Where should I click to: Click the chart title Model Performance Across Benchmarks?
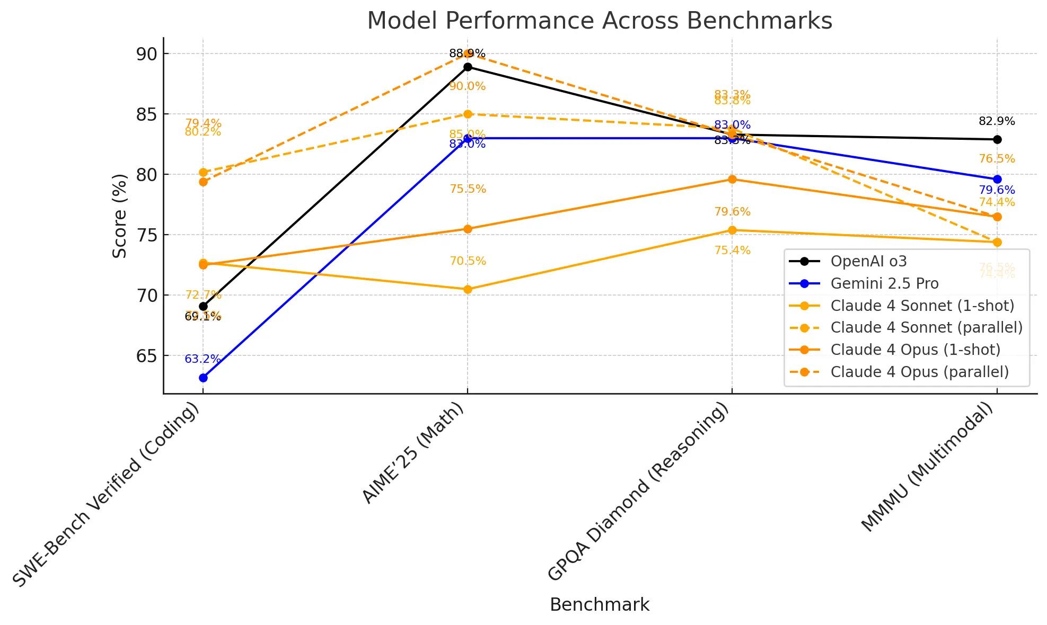[599, 21]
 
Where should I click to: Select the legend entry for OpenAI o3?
[868, 261]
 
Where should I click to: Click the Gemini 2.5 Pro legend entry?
[884, 283]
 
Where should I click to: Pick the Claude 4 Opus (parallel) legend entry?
[919, 372]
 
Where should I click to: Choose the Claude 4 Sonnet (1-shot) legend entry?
[921, 306]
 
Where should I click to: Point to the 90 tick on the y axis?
[146, 54]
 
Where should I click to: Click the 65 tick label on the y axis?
[146, 356]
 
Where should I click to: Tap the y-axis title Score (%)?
[120, 216]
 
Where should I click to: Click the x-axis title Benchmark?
[599, 604]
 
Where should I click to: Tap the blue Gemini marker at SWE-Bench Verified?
[203, 378]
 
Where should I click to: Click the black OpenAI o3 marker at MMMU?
[997, 139]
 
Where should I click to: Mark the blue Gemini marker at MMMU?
[997, 180]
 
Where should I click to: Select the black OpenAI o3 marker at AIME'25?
[468, 67]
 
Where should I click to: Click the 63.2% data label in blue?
[203, 359]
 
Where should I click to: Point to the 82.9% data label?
[997, 121]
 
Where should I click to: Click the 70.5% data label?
[468, 261]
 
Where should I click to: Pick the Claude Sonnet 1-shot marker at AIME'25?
[468, 289]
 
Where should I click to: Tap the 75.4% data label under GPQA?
[732, 251]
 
